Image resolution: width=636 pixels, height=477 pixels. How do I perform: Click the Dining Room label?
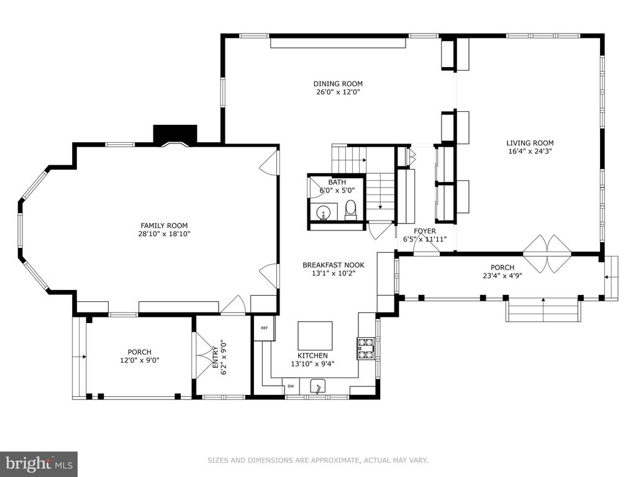point(338,84)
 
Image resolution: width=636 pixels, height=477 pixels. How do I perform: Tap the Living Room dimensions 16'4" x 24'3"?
point(530,152)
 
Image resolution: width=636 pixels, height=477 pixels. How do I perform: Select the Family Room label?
point(164,225)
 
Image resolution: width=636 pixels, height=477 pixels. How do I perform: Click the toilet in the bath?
point(350,210)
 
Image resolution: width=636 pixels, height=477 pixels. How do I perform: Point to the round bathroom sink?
point(323,212)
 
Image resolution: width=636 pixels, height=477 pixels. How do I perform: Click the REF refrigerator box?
point(265,328)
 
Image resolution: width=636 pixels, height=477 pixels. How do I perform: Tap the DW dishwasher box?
point(291,386)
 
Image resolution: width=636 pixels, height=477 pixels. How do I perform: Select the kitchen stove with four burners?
point(365,348)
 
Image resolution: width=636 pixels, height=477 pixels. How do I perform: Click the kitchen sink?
point(319,386)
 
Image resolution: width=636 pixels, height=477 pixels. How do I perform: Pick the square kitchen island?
point(315,335)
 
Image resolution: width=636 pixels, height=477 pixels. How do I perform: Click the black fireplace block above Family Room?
point(175,134)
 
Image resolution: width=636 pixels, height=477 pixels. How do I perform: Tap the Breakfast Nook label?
point(334,265)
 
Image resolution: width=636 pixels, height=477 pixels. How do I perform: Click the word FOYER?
point(425,231)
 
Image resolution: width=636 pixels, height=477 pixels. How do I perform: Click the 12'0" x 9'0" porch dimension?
point(140,360)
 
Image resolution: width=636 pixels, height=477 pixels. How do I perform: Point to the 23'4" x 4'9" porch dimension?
point(502,276)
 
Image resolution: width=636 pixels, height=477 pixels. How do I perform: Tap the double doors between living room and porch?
point(548,254)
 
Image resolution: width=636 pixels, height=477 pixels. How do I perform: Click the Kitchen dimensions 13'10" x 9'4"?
point(313,364)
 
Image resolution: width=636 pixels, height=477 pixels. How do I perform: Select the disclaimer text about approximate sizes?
point(318,460)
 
